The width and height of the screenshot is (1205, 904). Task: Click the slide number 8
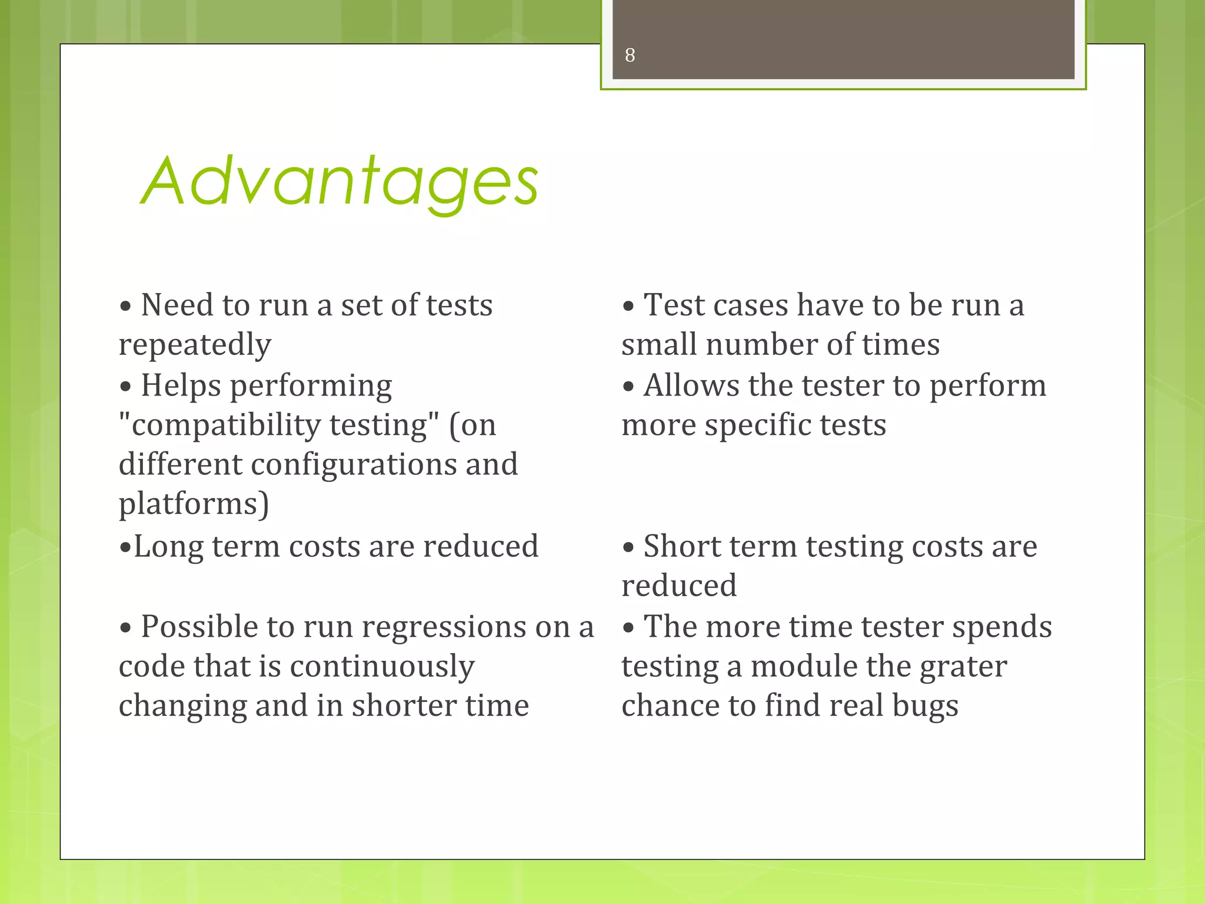point(630,55)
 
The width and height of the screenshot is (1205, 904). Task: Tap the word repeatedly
point(195,345)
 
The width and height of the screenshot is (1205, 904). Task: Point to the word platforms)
point(194,504)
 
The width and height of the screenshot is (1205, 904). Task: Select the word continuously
point(382,666)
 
